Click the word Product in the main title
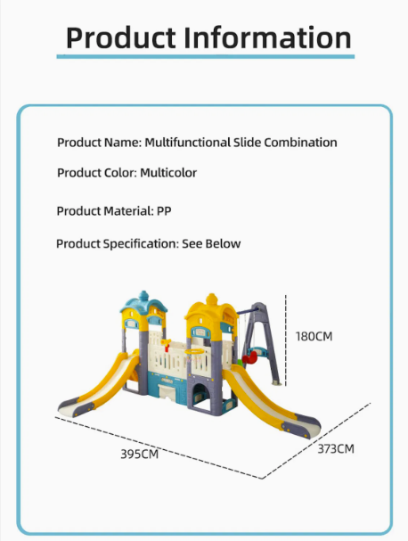pos(121,37)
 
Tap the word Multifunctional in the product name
pos(188,142)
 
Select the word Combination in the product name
pos(300,142)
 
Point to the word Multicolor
pos(168,173)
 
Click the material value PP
pos(164,211)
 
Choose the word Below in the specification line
pos(223,243)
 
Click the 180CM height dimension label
pos(314,336)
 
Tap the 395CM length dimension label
pos(139,454)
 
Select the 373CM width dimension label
pos(336,449)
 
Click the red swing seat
pos(249,357)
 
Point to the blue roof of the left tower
pos(143,304)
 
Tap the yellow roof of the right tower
pos(211,308)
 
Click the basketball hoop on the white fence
pos(194,352)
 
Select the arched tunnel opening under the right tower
pos(200,396)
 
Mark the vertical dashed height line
pos(286,340)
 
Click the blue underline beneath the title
pos(206,56)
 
